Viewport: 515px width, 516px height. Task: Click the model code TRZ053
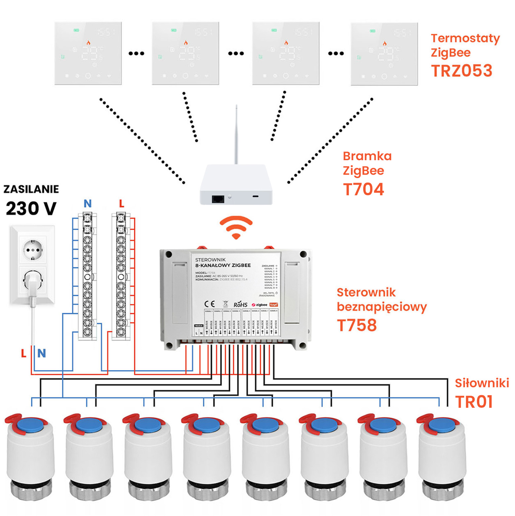click(x=461, y=71)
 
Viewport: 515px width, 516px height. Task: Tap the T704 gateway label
click(x=363, y=189)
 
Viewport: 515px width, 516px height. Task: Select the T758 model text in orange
click(x=357, y=325)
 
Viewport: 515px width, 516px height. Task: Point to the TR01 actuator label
click(x=474, y=402)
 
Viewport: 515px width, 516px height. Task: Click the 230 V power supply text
click(x=31, y=209)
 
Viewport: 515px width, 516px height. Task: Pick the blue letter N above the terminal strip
click(x=88, y=204)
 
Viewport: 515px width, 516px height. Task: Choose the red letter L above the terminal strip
click(x=122, y=204)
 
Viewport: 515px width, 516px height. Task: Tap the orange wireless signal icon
click(x=236, y=227)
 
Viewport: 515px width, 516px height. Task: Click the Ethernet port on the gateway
click(x=218, y=199)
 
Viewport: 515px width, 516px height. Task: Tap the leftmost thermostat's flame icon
click(x=88, y=43)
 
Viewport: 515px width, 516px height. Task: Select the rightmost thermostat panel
click(x=384, y=54)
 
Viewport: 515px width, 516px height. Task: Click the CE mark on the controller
click(x=209, y=304)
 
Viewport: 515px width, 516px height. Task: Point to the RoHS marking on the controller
click(x=240, y=304)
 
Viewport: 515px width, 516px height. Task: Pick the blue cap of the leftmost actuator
click(x=30, y=425)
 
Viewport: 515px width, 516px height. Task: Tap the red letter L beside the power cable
click(x=23, y=353)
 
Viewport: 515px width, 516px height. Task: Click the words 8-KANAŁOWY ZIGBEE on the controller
click(x=223, y=265)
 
